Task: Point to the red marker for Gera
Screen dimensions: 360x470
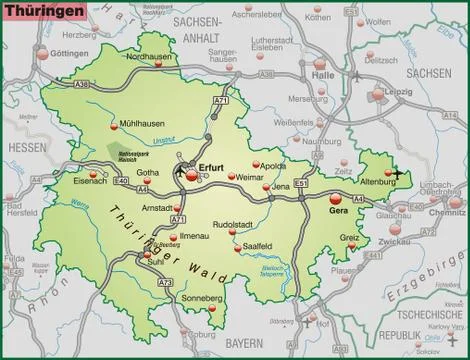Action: pyautogui.click(x=334, y=199)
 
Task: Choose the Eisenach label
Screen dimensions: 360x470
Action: pyautogui.click(x=92, y=181)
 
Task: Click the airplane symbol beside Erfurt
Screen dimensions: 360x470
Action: pyautogui.click(x=178, y=173)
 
